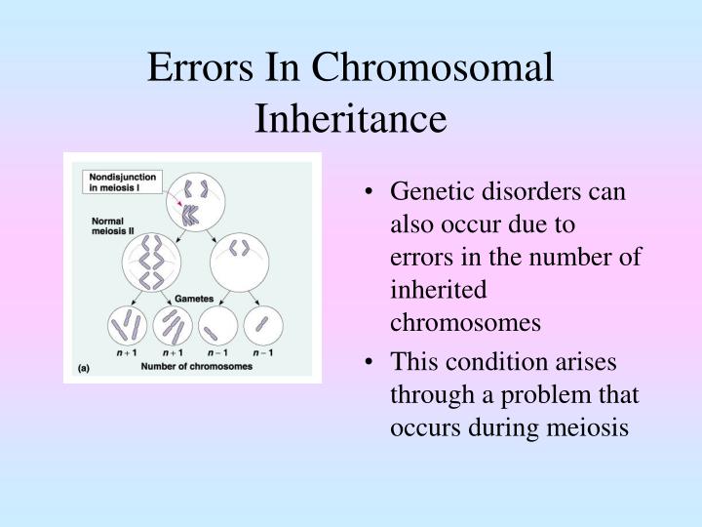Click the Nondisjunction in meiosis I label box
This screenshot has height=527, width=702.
[116, 182]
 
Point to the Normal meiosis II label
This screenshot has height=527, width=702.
[101, 228]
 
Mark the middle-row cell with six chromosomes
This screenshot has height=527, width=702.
[151, 263]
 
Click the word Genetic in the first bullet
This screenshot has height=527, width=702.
[425, 190]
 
